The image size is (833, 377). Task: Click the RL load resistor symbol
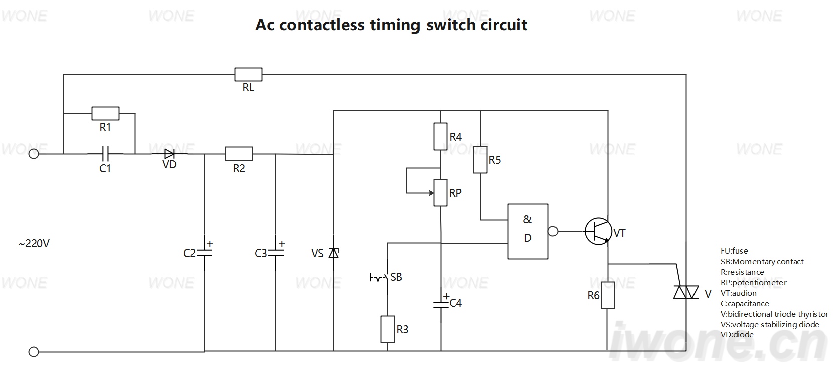click(248, 74)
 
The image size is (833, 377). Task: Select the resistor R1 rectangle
click(105, 113)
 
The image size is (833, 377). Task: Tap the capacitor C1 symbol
click(105, 153)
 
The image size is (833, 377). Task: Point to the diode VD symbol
click(170, 153)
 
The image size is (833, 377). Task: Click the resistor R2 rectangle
click(239, 153)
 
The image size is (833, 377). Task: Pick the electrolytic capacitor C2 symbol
click(204, 253)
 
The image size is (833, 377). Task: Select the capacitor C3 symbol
click(276, 253)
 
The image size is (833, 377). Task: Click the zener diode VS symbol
click(334, 253)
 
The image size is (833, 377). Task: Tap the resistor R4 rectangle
click(440, 137)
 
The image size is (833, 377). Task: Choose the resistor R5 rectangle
click(480, 159)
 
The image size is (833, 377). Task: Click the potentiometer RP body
click(440, 193)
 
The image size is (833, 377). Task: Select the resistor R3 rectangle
click(388, 329)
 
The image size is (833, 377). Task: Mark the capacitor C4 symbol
click(441, 304)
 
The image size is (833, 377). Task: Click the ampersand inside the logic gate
click(527, 219)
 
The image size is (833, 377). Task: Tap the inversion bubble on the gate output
click(553, 231)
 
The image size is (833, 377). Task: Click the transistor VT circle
click(598, 231)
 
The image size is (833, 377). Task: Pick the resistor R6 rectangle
click(608, 295)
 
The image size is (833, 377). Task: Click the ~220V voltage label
click(34, 244)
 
